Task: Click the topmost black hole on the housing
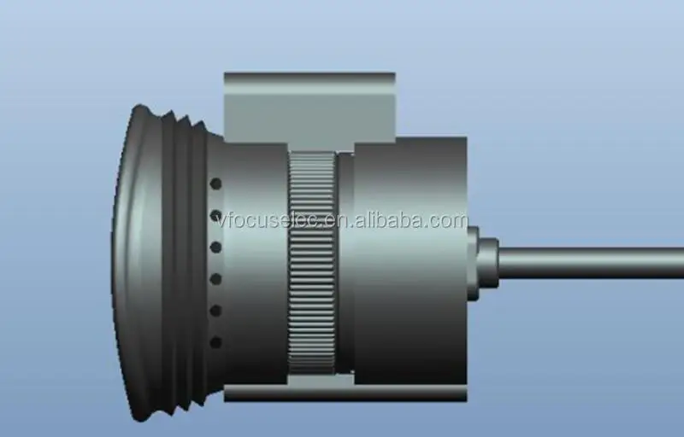(x=215, y=184)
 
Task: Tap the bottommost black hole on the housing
(x=215, y=342)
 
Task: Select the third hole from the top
(x=215, y=248)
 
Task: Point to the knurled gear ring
(x=312, y=263)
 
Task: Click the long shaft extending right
(x=591, y=263)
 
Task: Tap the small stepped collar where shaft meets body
(x=483, y=263)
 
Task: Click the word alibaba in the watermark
(x=388, y=221)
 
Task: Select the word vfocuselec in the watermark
(x=269, y=221)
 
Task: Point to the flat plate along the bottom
(x=345, y=392)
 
